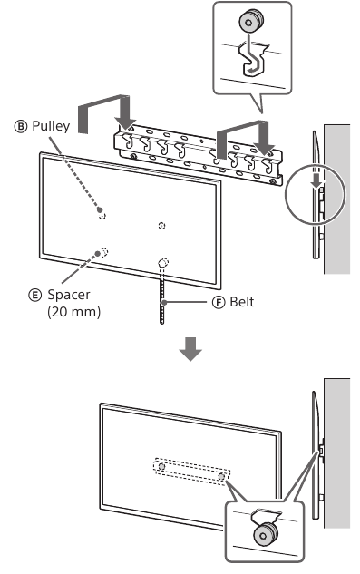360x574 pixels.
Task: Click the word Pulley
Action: (51, 126)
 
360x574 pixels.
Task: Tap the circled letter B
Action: (21, 127)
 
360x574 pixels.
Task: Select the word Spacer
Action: (69, 295)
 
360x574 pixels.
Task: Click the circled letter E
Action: (34, 295)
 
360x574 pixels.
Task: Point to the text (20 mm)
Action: (73, 312)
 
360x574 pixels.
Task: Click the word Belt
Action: (242, 302)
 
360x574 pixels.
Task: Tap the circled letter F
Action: (219, 302)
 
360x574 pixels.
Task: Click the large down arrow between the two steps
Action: (190, 349)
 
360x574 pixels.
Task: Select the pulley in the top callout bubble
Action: (251, 21)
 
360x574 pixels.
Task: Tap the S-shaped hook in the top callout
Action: (253, 59)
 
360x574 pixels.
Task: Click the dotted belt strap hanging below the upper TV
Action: (162, 297)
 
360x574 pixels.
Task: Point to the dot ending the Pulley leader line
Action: (100, 209)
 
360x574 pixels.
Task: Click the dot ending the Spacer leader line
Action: (97, 253)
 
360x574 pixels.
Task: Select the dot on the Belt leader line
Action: (165, 302)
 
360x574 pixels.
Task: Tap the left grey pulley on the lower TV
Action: (161, 467)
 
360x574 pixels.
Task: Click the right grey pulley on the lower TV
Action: (221, 477)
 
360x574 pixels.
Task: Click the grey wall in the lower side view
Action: (337, 453)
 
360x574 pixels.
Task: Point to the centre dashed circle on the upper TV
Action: (161, 226)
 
